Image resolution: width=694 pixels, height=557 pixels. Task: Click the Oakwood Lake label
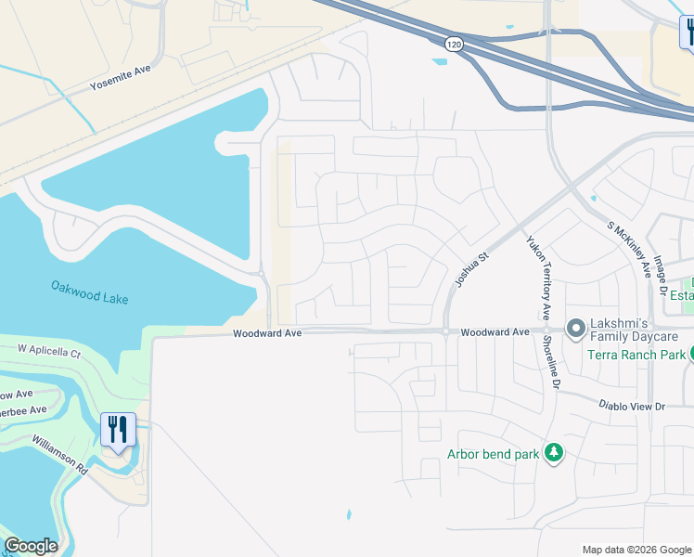coord(90,291)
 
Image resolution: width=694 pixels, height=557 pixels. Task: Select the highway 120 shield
coord(454,44)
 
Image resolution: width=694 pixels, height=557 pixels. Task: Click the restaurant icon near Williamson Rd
coord(118,429)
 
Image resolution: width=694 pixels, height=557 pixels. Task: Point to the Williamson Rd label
coord(59,455)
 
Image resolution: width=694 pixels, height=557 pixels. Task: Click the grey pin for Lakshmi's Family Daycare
coord(576,328)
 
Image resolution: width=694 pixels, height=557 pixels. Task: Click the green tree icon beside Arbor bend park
coord(554,452)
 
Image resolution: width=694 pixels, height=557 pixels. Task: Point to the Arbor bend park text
coord(493,453)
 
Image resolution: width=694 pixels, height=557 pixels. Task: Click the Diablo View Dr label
coord(635,407)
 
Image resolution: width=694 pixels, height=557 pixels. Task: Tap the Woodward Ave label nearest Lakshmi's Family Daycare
coord(495,331)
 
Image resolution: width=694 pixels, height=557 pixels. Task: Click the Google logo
coord(32,545)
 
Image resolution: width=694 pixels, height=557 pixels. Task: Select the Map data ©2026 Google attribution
coord(636,550)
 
